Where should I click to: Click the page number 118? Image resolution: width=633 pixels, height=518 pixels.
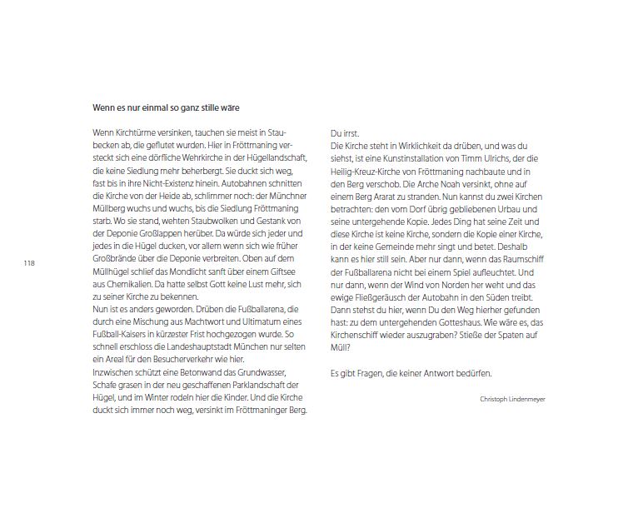click(29, 263)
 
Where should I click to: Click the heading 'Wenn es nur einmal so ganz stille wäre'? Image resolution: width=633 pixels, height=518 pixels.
click(167, 107)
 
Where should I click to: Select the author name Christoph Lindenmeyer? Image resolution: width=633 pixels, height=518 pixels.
click(513, 399)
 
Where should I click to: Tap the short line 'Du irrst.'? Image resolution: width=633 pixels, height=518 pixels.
click(345, 134)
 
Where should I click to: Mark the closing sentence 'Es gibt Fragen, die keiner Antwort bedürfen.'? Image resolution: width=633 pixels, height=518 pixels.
click(411, 373)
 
